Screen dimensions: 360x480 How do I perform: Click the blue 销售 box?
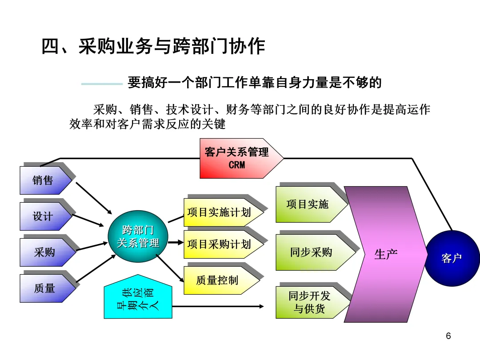[x=44, y=180]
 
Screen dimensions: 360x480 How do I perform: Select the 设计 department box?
[x=44, y=216]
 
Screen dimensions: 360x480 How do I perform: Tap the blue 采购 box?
[x=44, y=252]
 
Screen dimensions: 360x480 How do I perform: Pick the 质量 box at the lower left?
[x=44, y=288]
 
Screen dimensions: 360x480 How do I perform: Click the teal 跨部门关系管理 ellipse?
[x=138, y=237]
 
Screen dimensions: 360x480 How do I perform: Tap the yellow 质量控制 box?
[x=218, y=280]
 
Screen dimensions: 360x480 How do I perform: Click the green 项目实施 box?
[x=308, y=204]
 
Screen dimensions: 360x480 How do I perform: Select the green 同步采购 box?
[x=311, y=252]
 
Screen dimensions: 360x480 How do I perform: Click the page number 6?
[x=448, y=336]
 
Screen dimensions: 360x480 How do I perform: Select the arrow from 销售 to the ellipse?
[x=93, y=196]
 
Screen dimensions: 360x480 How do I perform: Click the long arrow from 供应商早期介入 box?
[x=218, y=306]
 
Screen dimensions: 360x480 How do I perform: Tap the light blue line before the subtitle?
[x=102, y=84]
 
